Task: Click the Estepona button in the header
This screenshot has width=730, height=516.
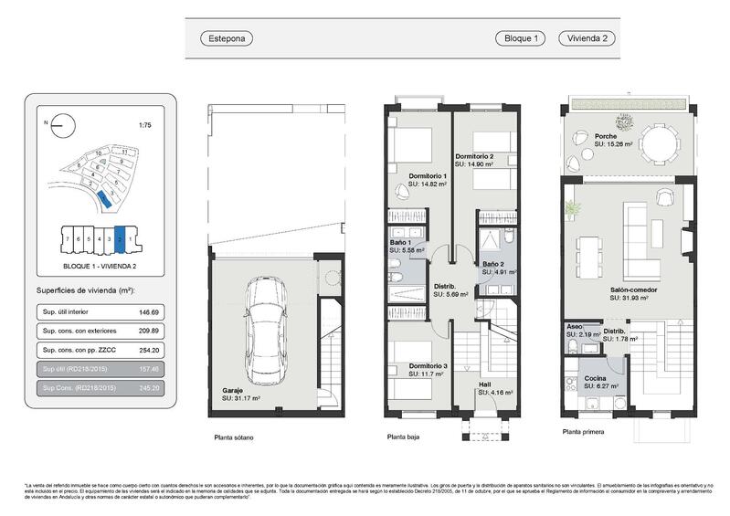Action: [x=226, y=38]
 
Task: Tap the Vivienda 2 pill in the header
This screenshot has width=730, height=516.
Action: [x=587, y=38]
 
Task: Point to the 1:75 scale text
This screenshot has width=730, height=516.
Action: [x=143, y=125]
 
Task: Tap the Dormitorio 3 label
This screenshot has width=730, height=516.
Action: [x=428, y=366]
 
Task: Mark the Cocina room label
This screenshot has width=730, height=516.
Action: [x=595, y=378]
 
